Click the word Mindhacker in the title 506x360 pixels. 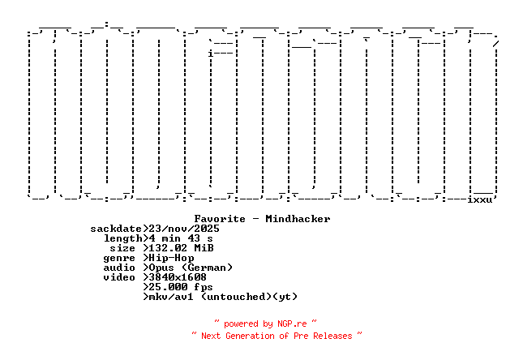[298, 219]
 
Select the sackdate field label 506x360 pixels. [116, 229]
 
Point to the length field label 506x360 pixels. [122, 238]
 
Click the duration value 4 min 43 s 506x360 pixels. [181, 238]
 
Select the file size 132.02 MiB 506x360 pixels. [181, 248]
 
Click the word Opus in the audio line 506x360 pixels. [161, 268]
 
